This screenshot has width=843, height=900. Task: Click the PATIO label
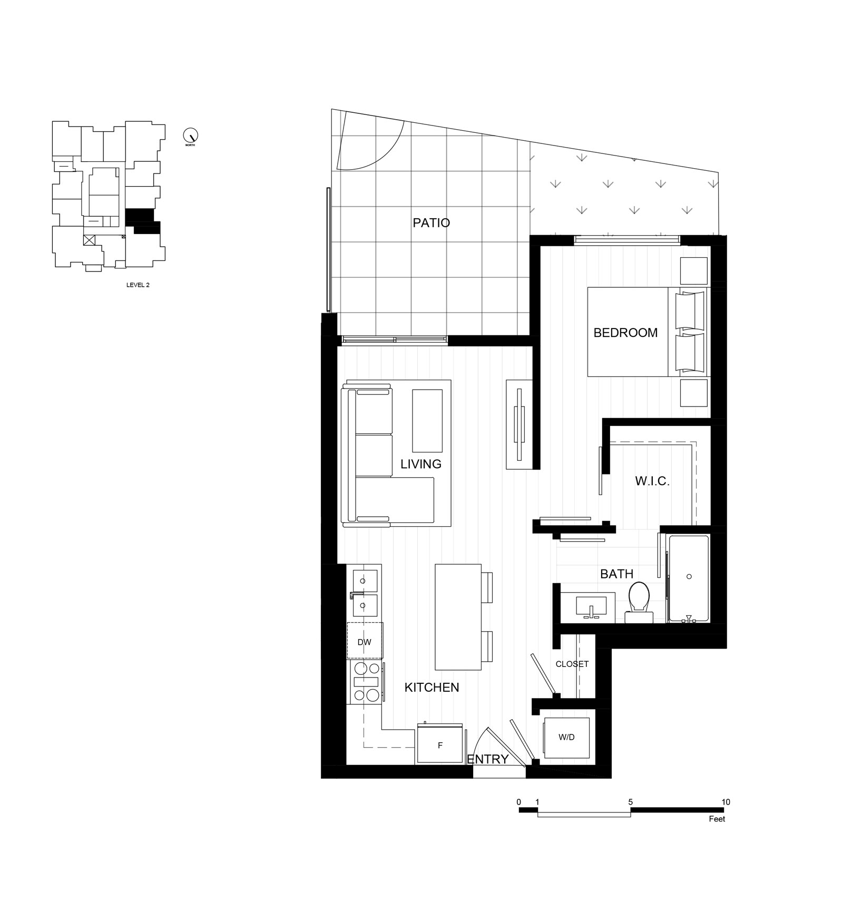pyautogui.click(x=431, y=222)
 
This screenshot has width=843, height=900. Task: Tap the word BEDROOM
pyautogui.click(x=625, y=333)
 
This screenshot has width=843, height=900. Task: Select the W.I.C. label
pyautogui.click(x=652, y=481)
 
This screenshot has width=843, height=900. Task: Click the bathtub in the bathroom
pyautogui.click(x=688, y=579)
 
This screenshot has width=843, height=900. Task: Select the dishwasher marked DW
pyautogui.click(x=365, y=641)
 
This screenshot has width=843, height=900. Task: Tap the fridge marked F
pyautogui.click(x=440, y=744)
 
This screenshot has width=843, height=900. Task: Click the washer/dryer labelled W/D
pyautogui.click(x=566, y=738)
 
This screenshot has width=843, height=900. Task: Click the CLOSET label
pyautogui.click(x=572, y=664)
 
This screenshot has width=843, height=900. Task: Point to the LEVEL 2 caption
pyautogui.click(x=138, y=285)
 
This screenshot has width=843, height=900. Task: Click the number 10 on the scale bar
pyautogui.click(x=726, y=802)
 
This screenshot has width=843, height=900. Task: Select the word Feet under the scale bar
pyautogui.click(x=717, y=819)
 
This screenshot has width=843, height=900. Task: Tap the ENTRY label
pyautogui.click(x=488, y=759)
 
